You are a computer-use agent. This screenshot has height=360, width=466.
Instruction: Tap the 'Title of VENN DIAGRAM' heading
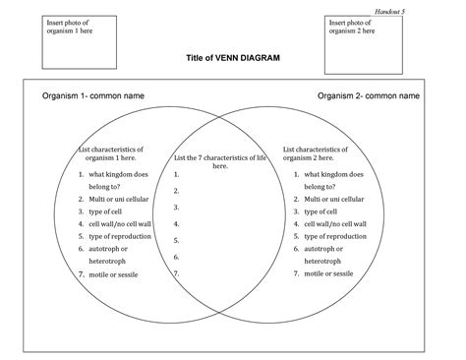coord(233,58)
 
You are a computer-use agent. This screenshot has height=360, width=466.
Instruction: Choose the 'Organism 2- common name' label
coord(369,96)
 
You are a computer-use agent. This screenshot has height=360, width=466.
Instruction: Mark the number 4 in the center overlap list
coord(176,223)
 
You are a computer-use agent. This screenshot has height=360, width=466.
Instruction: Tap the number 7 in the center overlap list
coord(176,272)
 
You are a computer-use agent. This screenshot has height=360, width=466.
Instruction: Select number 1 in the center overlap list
coord(176,174)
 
